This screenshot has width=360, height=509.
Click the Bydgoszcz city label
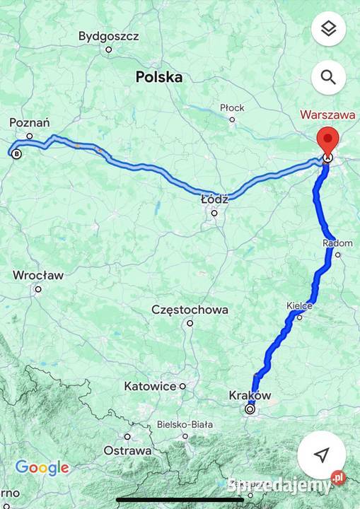[108, 35]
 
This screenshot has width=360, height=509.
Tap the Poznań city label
[29, 123]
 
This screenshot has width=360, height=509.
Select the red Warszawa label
[327, 113]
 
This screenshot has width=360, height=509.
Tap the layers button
[327, 29]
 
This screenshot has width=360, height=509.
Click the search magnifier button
[327, 77]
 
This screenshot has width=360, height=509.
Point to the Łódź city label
[214, 199]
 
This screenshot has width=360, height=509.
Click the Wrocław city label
[38, 275]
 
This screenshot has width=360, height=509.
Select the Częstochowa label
[190, 310]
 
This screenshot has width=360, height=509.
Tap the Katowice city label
[150, 386]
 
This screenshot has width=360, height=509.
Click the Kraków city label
[250, 395]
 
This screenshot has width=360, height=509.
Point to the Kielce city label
[299, 305]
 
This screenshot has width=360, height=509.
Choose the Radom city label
[337, 243]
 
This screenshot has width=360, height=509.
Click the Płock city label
[232, 107]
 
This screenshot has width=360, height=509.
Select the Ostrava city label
[128, 450]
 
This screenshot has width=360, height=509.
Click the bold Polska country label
[159, 77]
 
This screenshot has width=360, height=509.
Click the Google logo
[42, 467]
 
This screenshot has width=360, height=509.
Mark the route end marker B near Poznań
[16, 153]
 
